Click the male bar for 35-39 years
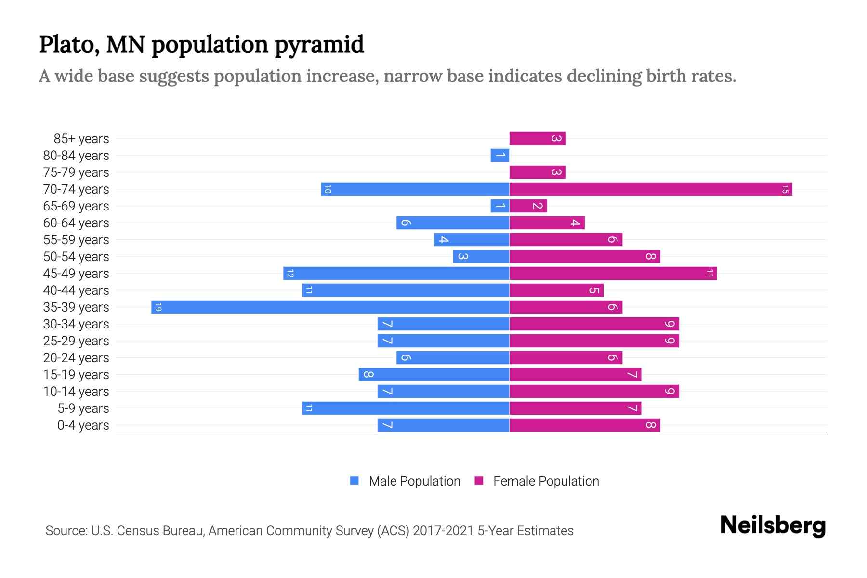pos(330,307)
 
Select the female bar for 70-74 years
pos(650,189)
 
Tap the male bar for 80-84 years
pos(500,156)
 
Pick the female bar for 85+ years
pos(538,139)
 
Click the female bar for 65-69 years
pos(528,206)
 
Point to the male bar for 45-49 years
pos(396,274)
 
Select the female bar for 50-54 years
pos(585,257)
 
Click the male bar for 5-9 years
pos(406,408)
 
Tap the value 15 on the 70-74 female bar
pos(785,189)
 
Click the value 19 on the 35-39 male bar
pos(158,307)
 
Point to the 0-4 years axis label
pos(83,425)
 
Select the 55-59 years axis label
pos(76,240)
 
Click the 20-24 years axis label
pos(76,358)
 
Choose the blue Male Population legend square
pos(355,481)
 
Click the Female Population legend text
pos(546,481)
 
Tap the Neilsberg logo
pos(773,525)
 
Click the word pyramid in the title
pos(319,45)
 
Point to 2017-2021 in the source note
pos(443,531)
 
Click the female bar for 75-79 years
pos(538,172)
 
